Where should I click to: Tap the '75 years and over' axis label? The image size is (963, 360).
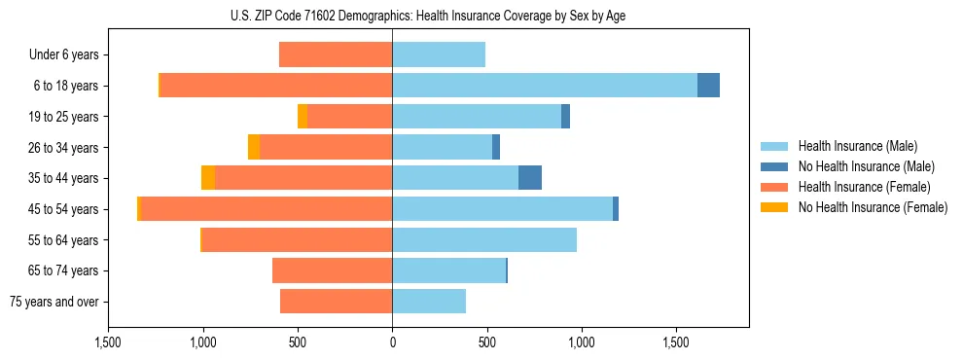[54, 302]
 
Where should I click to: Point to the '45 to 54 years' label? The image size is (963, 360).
[64, 209]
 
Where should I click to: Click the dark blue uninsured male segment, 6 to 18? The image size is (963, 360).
[708, 86]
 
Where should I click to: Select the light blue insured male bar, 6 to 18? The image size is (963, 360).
[545, 86]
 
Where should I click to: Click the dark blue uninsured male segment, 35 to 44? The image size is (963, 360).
[530, 178]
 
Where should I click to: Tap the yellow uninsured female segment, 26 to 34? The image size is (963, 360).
[254, 147]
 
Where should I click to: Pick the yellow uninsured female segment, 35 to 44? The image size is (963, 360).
[208, 178]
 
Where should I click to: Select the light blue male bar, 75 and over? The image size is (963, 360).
[429, 302]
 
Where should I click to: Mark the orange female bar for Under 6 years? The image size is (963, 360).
[336, 55]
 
